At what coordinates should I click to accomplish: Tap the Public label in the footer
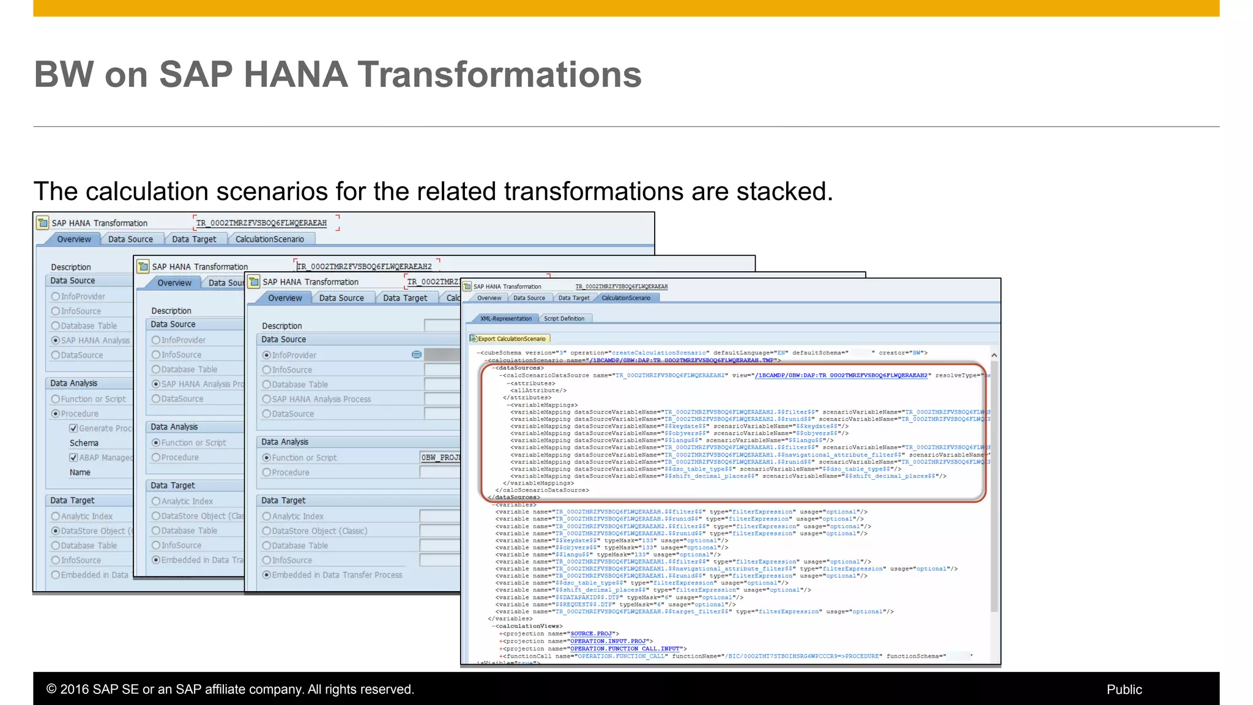(1124, 690)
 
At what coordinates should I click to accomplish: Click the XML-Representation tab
(505, 319)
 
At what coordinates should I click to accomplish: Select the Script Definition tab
(563, 319)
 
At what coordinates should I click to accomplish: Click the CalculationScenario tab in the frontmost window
(626, 298)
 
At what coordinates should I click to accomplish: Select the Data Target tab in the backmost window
(194, 239)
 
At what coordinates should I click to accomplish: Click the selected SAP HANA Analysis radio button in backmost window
(56, 341)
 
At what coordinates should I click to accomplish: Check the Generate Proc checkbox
(73, 428)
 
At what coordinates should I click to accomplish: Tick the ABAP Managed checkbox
(73, 458)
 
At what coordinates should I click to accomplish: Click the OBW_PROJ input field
(439, 458)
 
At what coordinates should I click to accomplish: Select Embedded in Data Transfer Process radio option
(267, 575)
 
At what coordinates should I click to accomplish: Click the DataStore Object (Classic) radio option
(267, 531)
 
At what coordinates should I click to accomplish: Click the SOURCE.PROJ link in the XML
(591, 634)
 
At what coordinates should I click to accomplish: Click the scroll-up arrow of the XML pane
(994, 356)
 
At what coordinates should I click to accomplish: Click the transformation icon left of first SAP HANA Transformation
(42, 223)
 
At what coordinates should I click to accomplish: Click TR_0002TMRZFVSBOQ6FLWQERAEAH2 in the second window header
(365, 267)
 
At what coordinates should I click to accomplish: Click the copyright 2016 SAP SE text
(230, 690)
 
